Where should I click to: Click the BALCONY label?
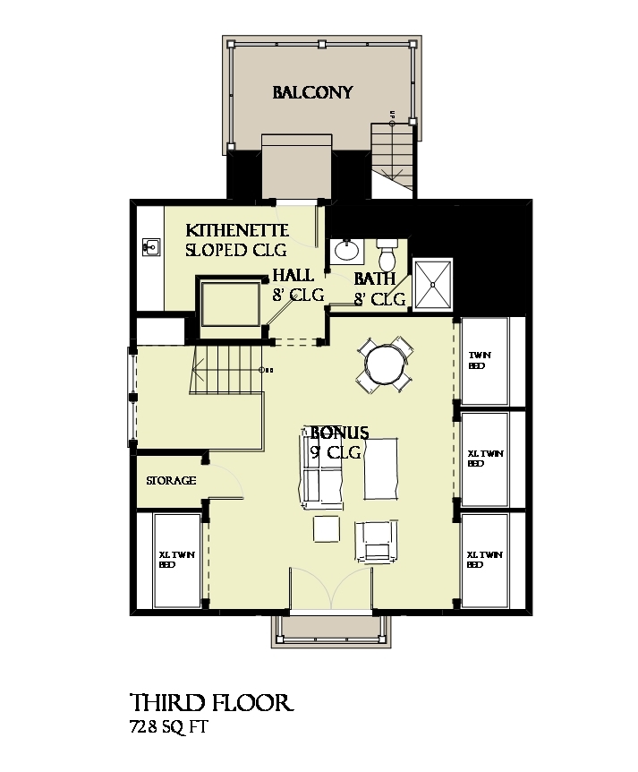[312, 92]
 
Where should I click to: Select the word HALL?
[293, 276]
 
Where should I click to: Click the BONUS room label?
[335, 432]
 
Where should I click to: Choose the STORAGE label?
[171, 481]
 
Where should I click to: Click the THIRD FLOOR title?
[210, 702]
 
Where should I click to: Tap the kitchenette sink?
[149, 245]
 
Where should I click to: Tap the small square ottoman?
[326, 529]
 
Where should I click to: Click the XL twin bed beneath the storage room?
[177, 559]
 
